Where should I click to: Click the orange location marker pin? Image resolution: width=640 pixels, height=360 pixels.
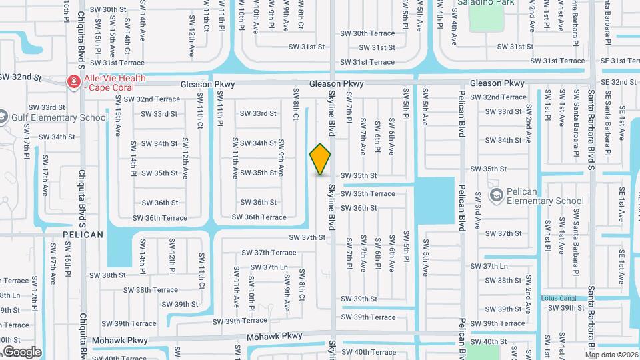tap(321, 159)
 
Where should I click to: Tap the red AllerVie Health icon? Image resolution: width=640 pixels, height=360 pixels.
tap(73, 82)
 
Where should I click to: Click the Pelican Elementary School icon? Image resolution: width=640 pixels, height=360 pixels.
tap(496, 195)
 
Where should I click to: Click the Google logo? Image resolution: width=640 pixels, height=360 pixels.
tap(22, 352)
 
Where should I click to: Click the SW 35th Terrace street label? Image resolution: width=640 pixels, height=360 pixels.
tap(369, 194)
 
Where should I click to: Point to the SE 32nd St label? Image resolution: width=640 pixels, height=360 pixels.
tap(619, 82)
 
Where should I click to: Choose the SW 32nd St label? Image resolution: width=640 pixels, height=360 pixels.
tap(20, 77)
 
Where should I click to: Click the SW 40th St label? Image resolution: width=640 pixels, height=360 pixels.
tap(489, 342)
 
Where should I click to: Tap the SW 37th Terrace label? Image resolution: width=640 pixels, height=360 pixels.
tap(269, 253)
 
